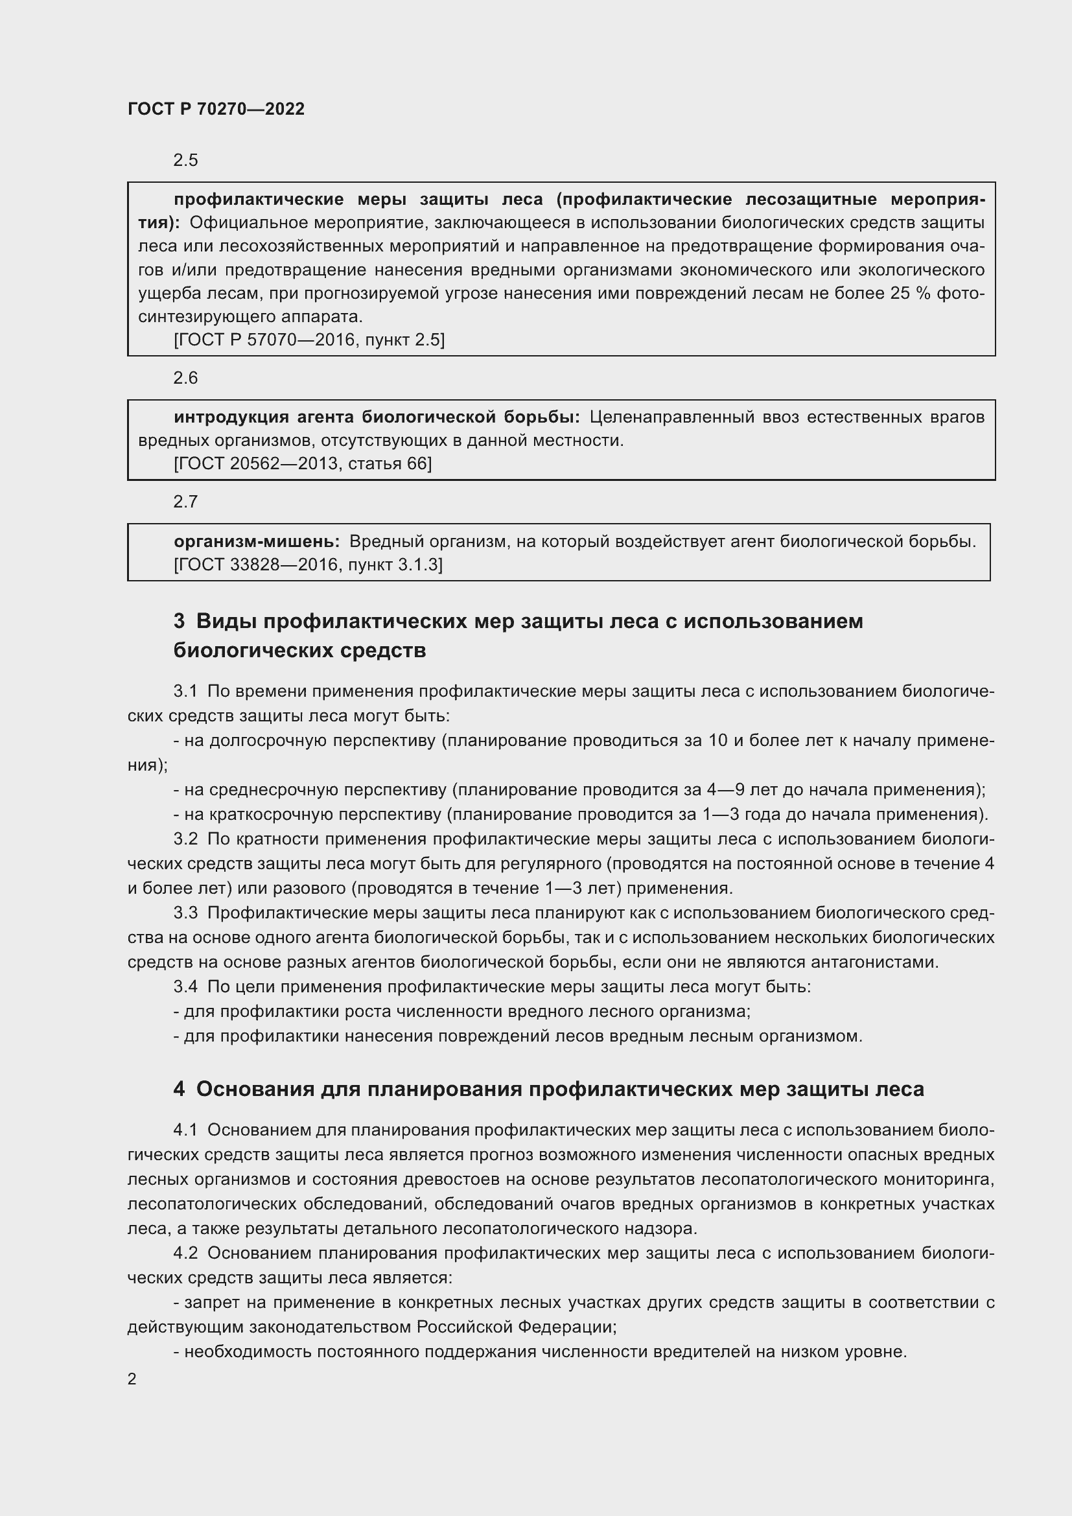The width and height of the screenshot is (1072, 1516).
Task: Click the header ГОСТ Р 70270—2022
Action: pyautogui.click(x=216, y=109)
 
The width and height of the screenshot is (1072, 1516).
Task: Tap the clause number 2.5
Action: pyautogui.click(x=185, y=161)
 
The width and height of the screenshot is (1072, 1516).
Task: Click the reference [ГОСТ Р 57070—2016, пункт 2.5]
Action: pyautogui.click(x=309, y=340)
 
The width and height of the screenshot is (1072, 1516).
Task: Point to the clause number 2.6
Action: pyautogui.click(x=185, y=378)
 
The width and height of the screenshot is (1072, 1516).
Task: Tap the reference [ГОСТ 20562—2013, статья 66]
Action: pyautogui.click(x=302, y=463)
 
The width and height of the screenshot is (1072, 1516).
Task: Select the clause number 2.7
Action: pyautogui.click(x=185, y=502)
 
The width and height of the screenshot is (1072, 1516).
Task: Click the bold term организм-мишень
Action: pyautogui.click(x=256, y=541)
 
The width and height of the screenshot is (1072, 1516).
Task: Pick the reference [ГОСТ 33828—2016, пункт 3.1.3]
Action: pyautogui.click(x=308, y=565)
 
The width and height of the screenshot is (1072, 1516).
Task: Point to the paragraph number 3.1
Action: pyautogui.click(x=185, y=692)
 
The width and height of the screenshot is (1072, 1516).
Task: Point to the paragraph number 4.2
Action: pyautogui.click(x=185, y=1254)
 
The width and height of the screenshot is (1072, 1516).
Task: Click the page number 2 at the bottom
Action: pyautogui.click(x=132, y=1379)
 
